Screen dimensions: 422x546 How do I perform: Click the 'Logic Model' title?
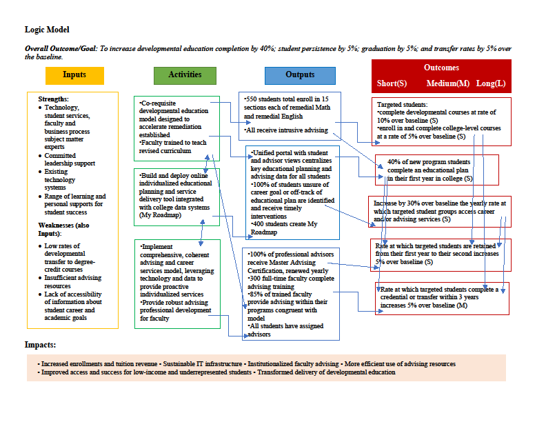(47, 30)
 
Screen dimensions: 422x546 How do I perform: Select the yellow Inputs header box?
(74, 75)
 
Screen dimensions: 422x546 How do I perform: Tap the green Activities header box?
(185, 75)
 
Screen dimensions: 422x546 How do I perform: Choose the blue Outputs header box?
(300, 75)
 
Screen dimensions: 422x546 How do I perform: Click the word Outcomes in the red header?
(441, 68)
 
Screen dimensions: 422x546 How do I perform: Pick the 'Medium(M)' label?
(447, 83)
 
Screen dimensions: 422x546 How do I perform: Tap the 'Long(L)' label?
(491, 83)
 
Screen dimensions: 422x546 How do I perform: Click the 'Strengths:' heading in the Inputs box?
(54, 99)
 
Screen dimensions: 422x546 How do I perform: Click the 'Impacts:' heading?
(41, 345)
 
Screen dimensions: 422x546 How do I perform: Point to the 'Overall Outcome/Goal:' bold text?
(61, 49)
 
